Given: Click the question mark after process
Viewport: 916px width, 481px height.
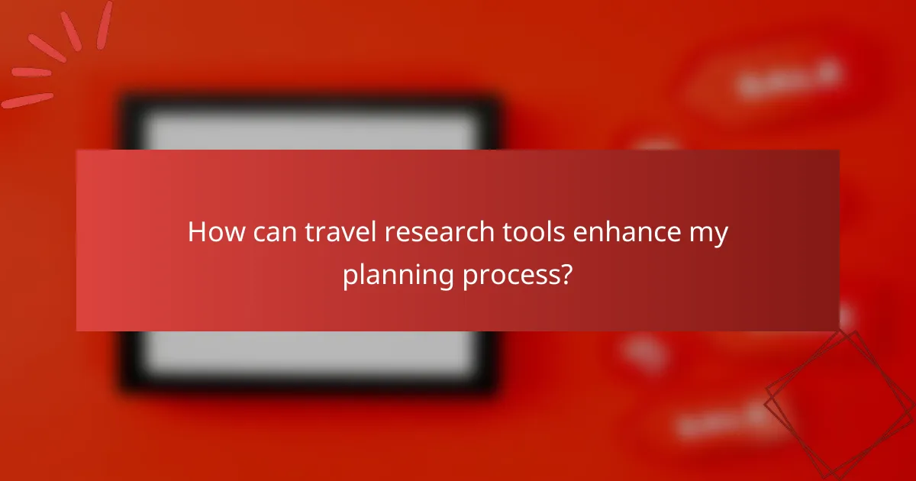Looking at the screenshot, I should tap(566, 273).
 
